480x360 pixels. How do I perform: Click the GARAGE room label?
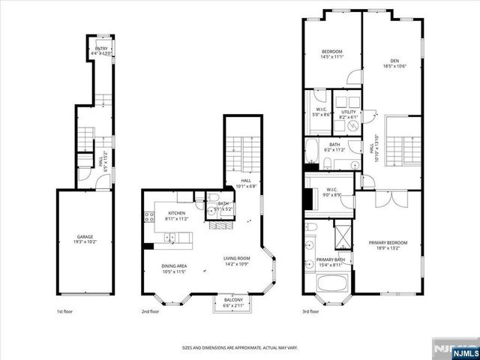[84, 237]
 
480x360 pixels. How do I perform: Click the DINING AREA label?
[174, 266]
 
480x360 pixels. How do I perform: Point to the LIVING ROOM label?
[235, 259]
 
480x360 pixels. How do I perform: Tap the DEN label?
[394, 61]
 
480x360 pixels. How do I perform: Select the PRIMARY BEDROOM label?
[388, 242]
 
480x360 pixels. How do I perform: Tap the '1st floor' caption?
[65, 311]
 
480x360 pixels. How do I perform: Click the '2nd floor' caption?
[150, 311]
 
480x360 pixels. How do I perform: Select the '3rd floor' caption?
[310, 311]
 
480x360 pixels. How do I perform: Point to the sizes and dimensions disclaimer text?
[239, 347]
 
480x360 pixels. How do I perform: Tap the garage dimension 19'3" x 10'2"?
[84, 241]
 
